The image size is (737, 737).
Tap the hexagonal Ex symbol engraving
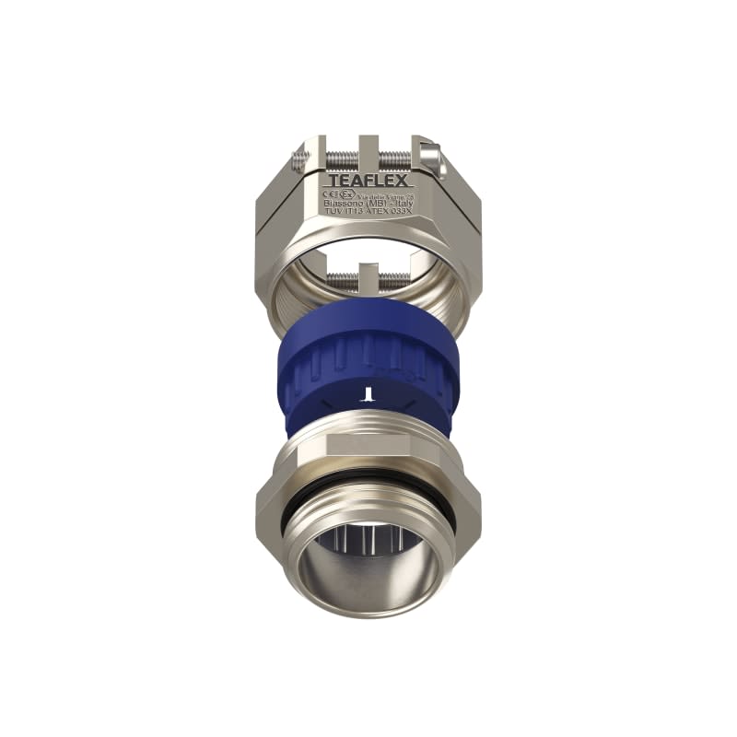345,193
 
